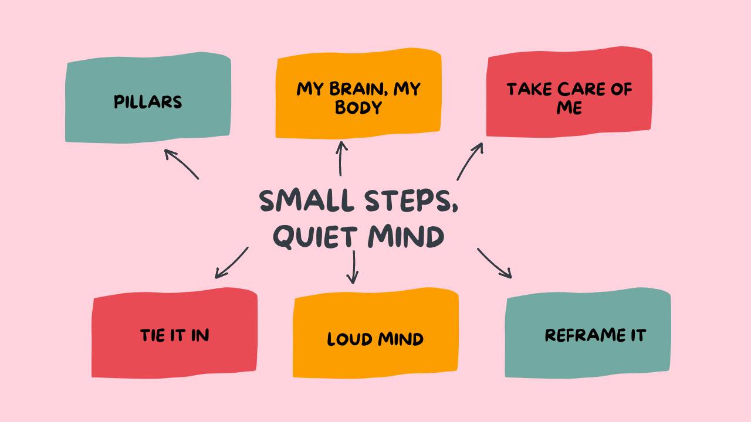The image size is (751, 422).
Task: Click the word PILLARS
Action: point(148,102)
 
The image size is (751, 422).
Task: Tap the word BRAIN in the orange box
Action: point(353,89)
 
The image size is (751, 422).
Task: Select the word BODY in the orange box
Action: point(358,108)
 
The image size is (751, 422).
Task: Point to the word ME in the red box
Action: point(569,108)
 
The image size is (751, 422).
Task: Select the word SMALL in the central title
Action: point(307,201)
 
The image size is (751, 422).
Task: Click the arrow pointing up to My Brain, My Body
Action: point(341,158)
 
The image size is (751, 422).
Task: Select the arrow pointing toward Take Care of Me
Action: point(470,161)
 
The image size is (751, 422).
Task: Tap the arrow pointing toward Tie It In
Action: point(231,263)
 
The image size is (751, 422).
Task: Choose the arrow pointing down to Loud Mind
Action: point(353,267)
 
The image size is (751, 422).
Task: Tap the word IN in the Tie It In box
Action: point(200,335)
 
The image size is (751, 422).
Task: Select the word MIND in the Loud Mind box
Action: point(401,339)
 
